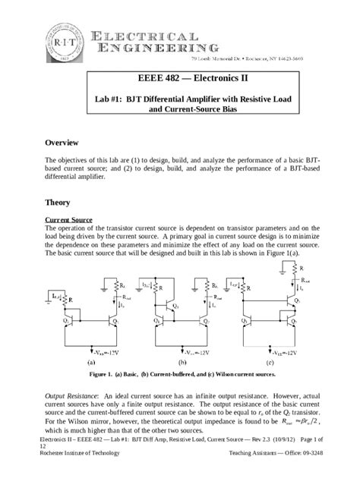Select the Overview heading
[x=68, y=143]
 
